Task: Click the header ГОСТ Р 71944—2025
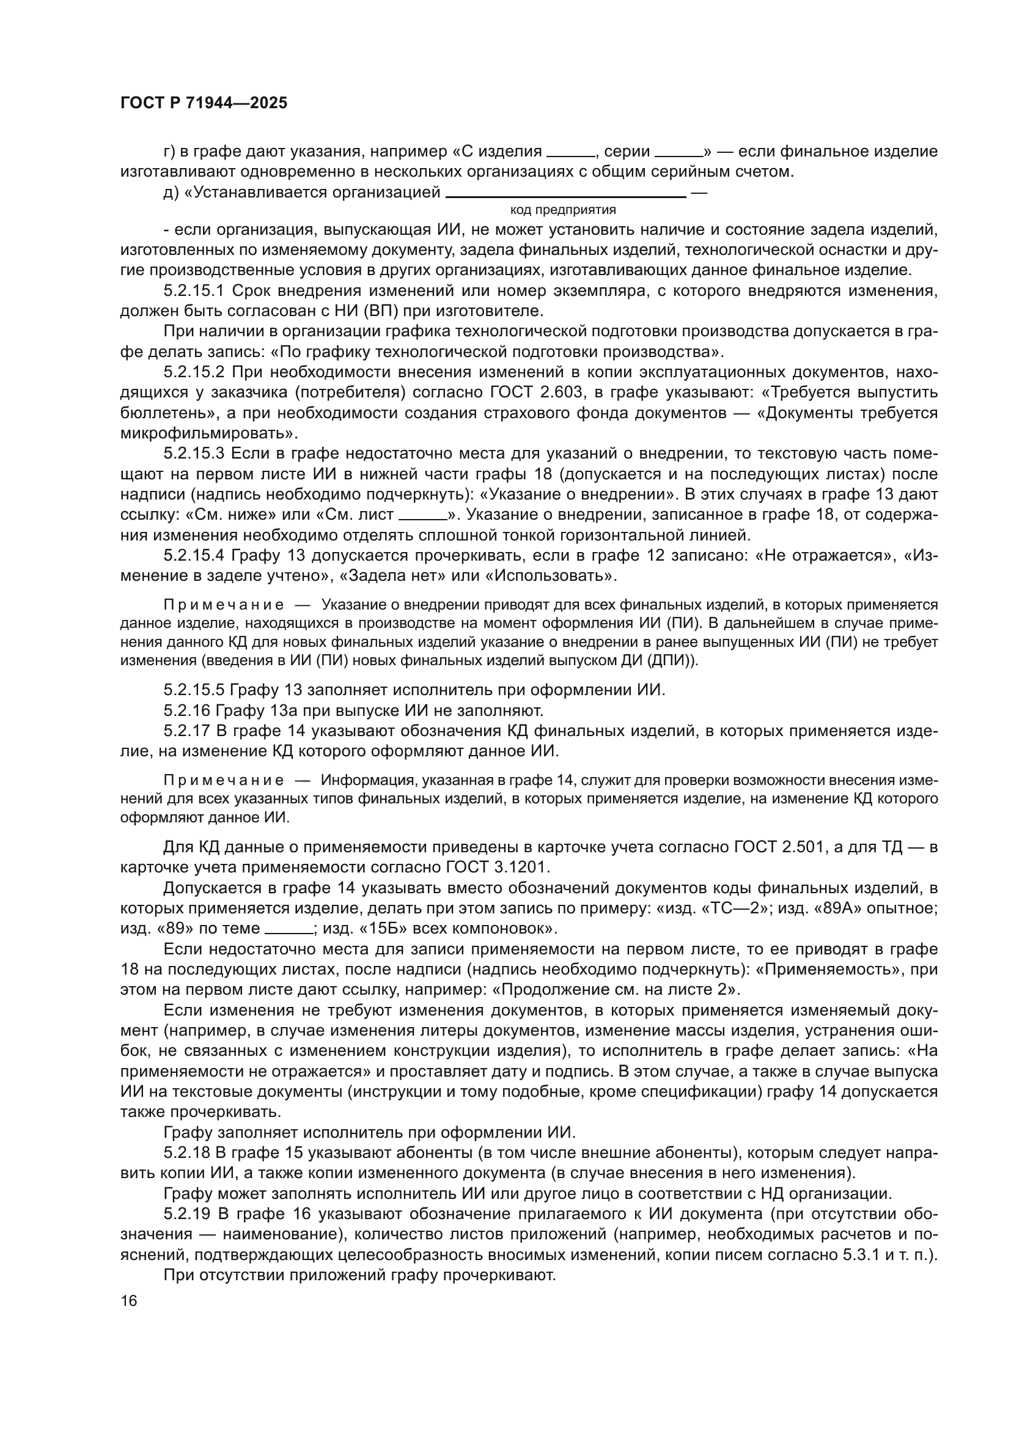click(204, 103)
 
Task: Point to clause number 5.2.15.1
click(194, 291)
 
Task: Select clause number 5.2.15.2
click(194, 372)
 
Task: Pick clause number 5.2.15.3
click(194, 454)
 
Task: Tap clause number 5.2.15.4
click(194, 555)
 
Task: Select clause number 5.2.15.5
click(194, 690)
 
